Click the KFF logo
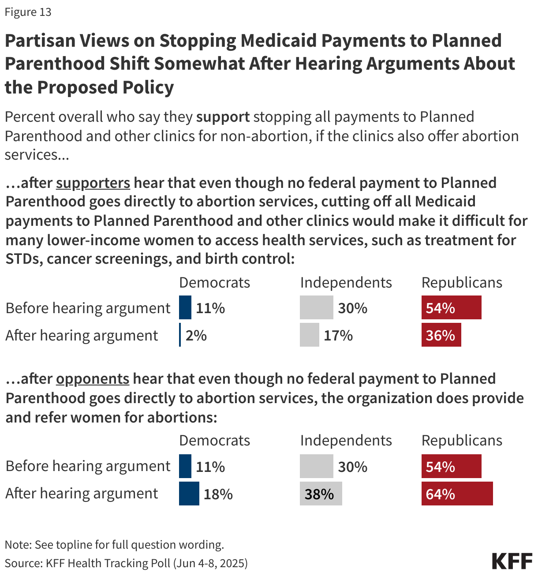point(512,561)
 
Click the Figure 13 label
point(28,12)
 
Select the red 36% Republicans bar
point(441,335)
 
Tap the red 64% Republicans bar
point(457,494)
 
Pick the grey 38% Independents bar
point(321,494)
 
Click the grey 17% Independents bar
point(309,335)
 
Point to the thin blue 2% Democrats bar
point(180,335)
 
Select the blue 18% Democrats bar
point(189,494)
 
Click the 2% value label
point(196,336)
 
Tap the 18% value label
point(218,494)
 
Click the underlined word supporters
point(93,183)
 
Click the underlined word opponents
point(93,379)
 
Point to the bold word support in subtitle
point(223,117)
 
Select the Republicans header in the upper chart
point(462,283)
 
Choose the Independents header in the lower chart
point(346,441)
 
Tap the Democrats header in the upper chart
point(214,283)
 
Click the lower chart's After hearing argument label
point(82,494)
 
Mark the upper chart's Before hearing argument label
point(88,308)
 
